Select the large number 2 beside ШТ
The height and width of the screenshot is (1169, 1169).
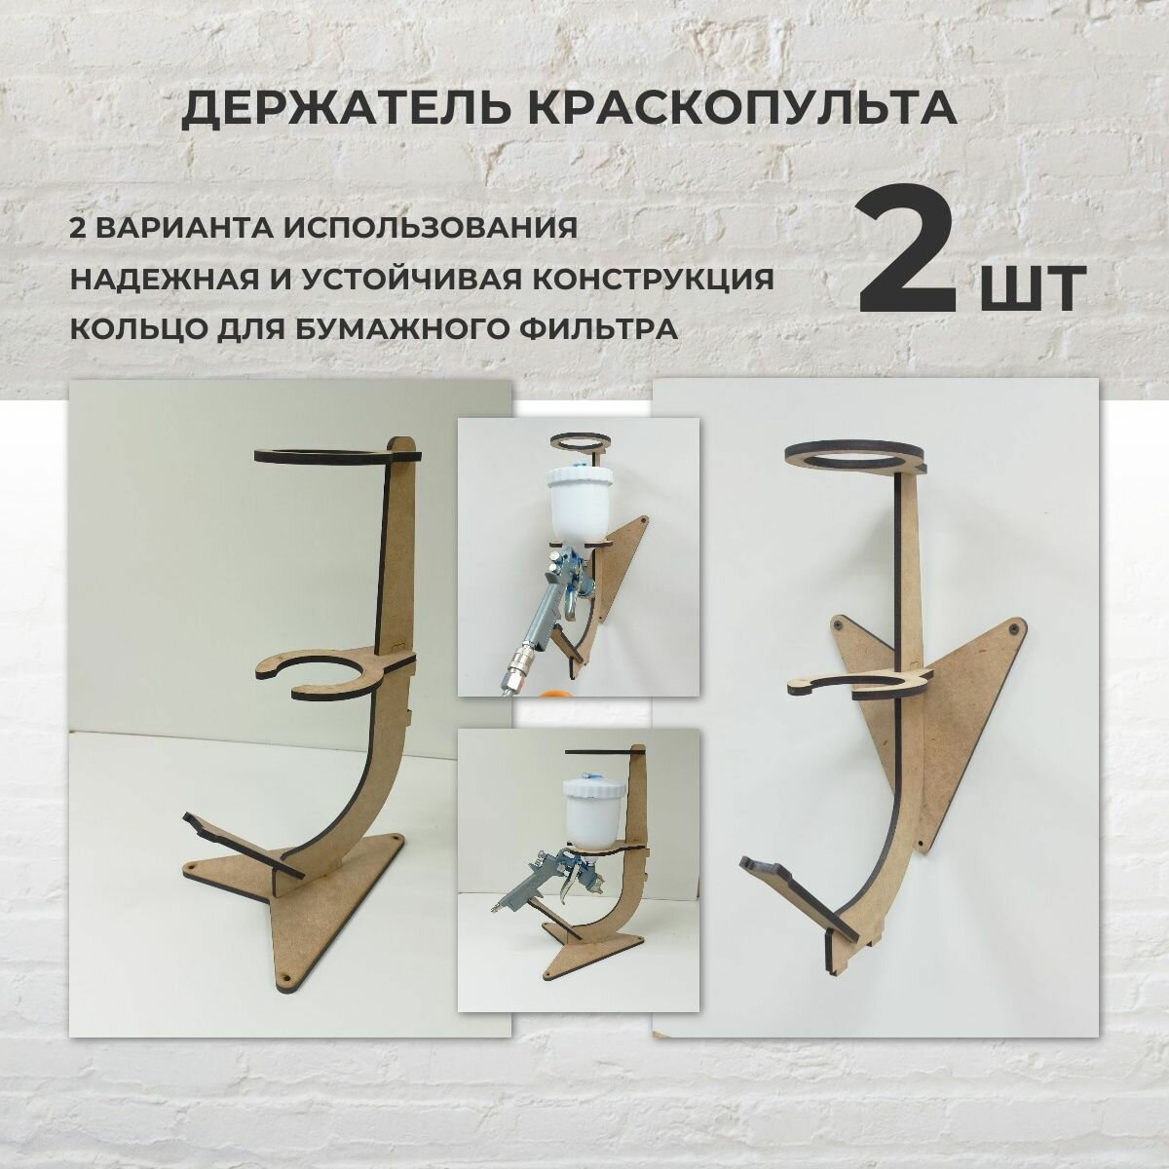pyautogui.click(x=905, y=255)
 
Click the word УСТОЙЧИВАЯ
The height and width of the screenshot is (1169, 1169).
pyautogui.click(x=408, y=280)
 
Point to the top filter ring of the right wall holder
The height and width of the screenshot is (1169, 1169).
pyautogui.click(x=852, y=452)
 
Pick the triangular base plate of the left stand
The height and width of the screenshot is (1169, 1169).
pyautogui.click(x=321, y=882)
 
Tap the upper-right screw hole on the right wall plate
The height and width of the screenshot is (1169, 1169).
pyautogui.click(x=1008, y=629)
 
